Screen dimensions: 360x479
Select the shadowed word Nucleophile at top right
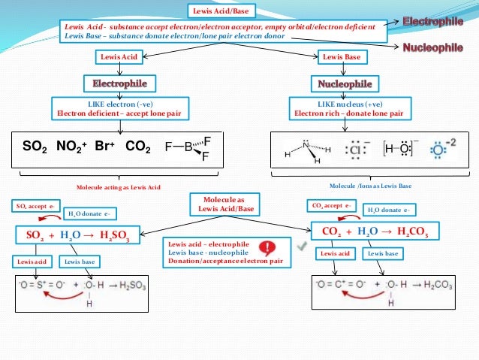pyautogui.click(x=432, y=47)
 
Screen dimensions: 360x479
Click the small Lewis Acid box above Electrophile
pyautogui.click(x=119, y=56)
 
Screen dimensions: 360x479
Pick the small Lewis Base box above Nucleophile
pyautogui.click(x=340, y=56)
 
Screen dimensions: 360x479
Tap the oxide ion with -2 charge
pyautogui.click(x=442, y=148)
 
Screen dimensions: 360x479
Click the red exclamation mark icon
pyautogui.click(x=265, y=248)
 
